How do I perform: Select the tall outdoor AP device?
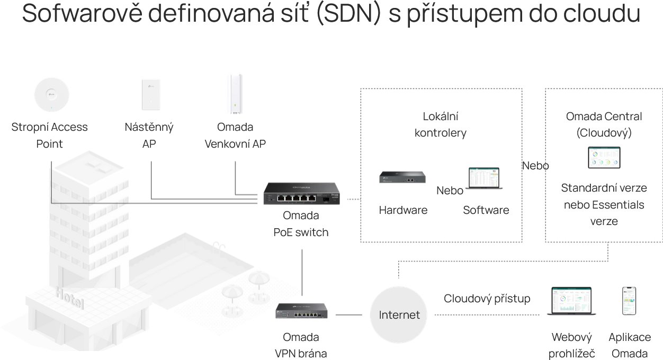point(235,94)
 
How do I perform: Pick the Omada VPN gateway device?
point(301,310)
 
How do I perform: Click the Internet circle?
point(399,315)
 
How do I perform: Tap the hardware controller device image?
point(402,177)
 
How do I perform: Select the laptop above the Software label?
point(484,179)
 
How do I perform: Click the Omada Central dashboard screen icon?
point(604,157)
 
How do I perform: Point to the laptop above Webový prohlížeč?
point(571,301)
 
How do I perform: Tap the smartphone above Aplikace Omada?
point(629,301)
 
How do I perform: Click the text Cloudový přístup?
point(487,299)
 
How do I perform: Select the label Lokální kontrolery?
point(440,124)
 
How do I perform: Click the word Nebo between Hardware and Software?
point(450,191)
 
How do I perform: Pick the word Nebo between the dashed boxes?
point(535,166)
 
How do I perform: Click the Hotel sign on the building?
point(69,298)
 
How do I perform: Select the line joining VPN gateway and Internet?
point(348,314)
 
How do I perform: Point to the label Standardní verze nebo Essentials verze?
point(604,204)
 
